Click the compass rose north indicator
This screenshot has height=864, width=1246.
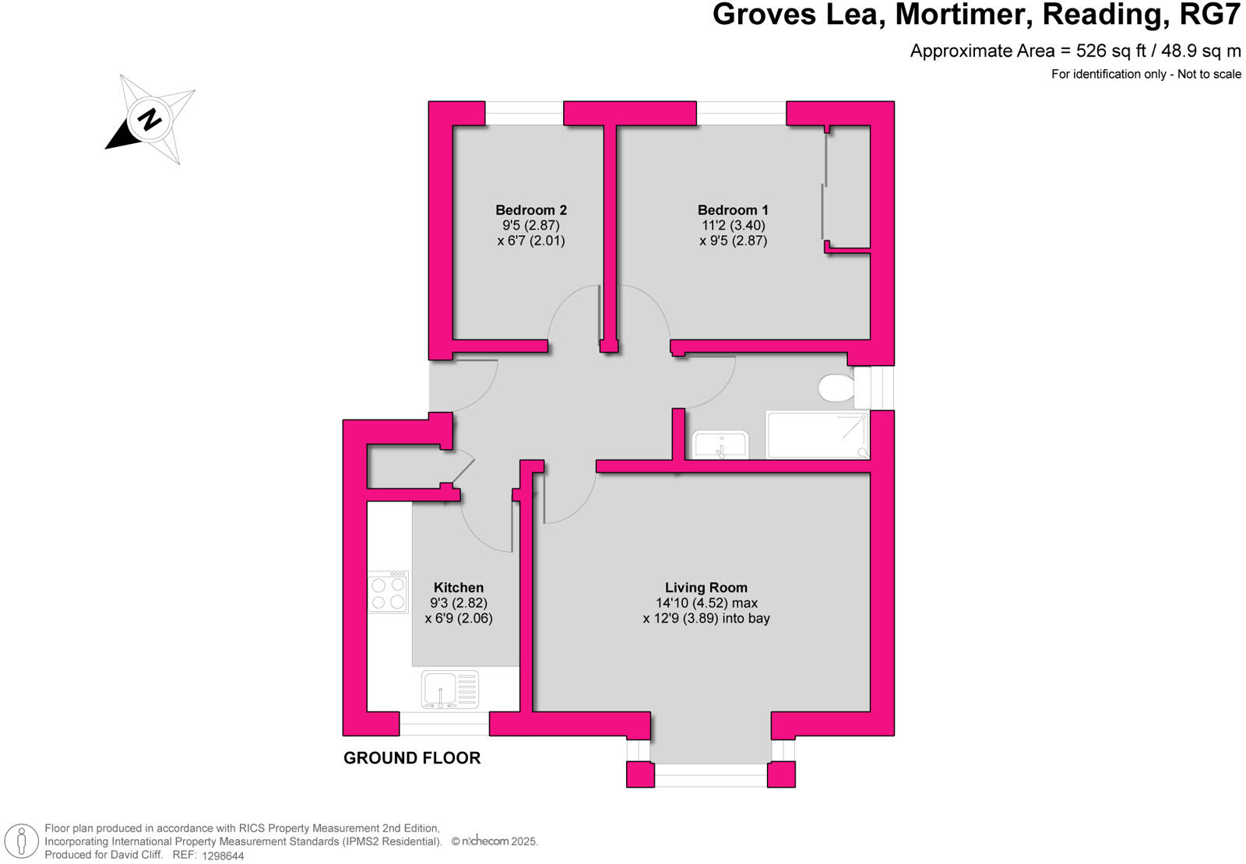[150, 119]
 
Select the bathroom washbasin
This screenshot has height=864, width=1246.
[720, 444]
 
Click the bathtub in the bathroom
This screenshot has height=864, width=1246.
[817, 435]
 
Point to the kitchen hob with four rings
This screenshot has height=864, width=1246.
[388, 592]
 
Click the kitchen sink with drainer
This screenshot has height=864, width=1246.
[450, 690]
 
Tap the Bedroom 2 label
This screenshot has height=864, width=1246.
[531, 210]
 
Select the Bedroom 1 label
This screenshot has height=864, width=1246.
[733, 210]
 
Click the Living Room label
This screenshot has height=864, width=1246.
[706, 588]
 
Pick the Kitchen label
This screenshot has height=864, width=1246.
[459, 588]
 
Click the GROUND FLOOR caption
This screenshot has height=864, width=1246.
[412, 758]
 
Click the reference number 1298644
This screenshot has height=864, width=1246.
[223, 855]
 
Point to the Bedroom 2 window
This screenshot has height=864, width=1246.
[524, 113]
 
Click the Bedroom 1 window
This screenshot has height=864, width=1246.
[741, 113]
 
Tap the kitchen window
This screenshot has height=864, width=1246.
[444, 724]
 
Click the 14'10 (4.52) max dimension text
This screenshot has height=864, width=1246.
[706, 603]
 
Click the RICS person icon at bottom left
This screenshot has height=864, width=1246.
[22, 841]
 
